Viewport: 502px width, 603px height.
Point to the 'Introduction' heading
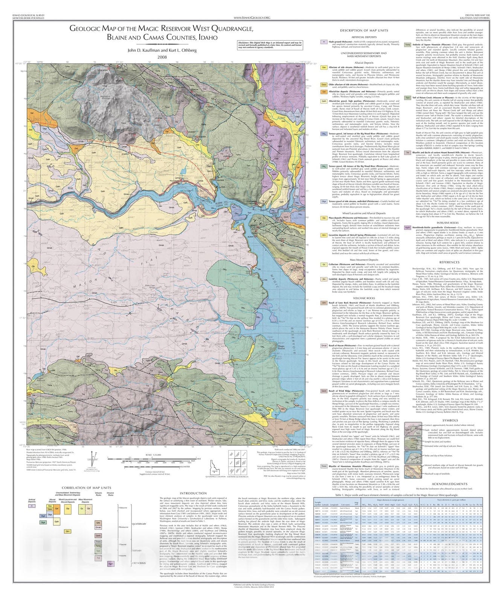pyautogui.click(x=193, y=493)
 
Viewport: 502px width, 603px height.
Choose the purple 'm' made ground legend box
pyautogui.click(x=323, y=42)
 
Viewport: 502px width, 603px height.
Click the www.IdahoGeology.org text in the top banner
pyautogui.click(x=252, y=17)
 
